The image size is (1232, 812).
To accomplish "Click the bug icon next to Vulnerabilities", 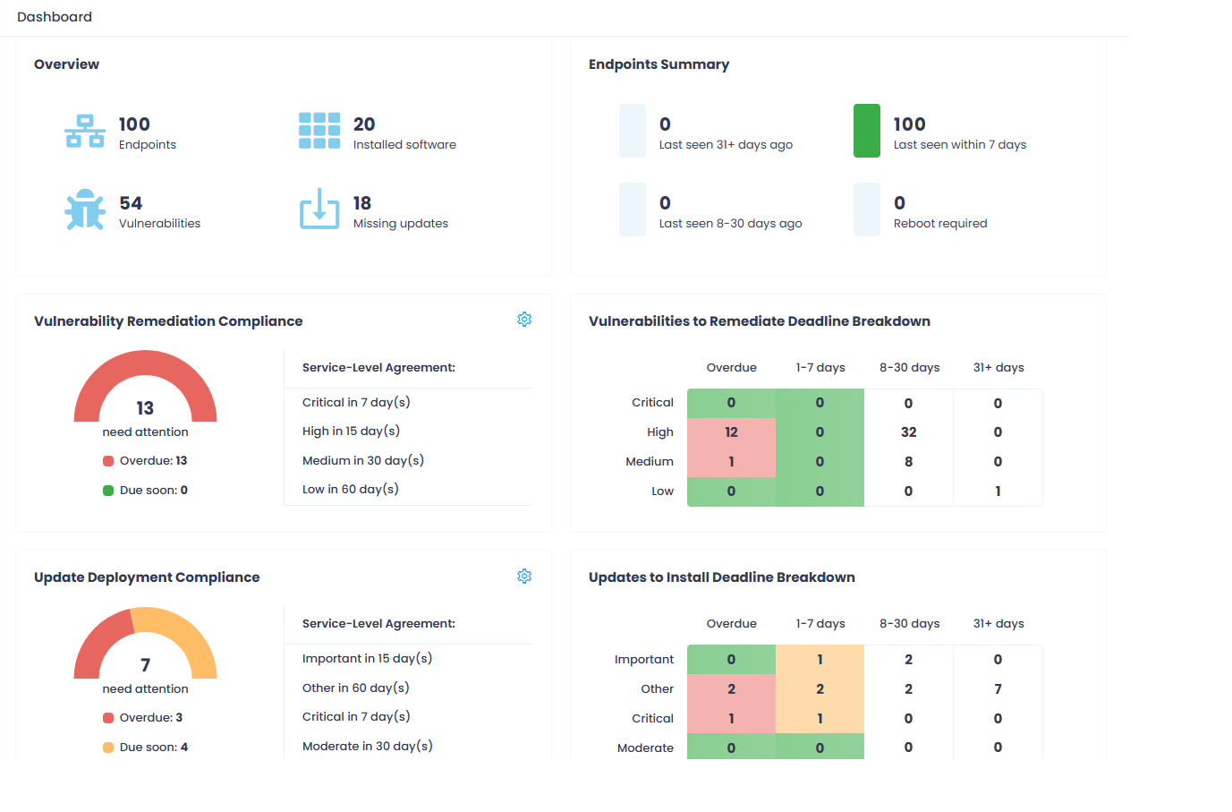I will [x=85, y=209].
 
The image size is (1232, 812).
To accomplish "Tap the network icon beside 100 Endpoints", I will [x=85, y=131].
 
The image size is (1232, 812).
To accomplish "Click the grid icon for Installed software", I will [x=319, y=131].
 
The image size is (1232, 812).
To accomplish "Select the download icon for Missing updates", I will [x=319, y=209].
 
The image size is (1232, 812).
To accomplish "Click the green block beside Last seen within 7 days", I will [x=866, y=131].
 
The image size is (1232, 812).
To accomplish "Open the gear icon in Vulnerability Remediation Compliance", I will [x=524, y=320].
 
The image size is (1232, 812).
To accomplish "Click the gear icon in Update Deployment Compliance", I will [x=524, y=576].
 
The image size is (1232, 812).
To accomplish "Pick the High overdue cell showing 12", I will [x=731, y=432].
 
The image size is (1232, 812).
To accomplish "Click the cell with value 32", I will [x=908, y=432].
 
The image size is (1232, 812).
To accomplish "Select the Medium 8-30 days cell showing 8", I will [x=908, y=462].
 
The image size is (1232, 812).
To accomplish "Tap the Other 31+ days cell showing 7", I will [x=998, y=688].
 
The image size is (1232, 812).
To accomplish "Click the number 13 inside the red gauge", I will [x=145, y=408].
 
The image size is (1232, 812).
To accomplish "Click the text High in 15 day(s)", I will [x=351, y=431].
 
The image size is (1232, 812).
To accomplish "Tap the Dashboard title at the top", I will [x=55, y=17].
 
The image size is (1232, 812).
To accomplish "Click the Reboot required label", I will [x=939, y=223].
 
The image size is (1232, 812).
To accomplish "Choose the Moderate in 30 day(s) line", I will [x=367, y=746].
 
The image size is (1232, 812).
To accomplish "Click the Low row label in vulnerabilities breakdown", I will [x=662, y=491].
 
